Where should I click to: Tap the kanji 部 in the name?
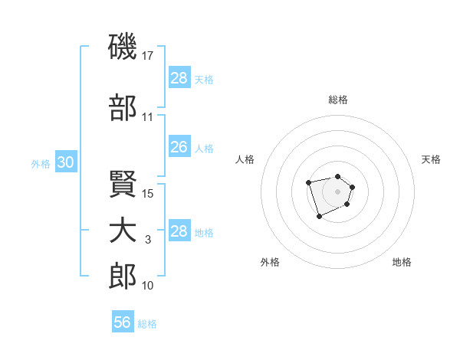(123, 109)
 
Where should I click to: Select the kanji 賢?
(123, 185)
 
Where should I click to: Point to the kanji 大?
(123, 231)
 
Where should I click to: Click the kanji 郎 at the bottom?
(123, 277)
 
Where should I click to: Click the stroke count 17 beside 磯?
(149, 56)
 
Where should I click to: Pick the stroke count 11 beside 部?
(148, 117)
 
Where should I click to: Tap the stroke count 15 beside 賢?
(149, 194)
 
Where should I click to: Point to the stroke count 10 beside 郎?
(148, 286)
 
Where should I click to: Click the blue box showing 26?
(179, 147)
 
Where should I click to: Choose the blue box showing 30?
(65, 162)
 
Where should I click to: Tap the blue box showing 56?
(123, 322)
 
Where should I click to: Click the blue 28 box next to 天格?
(179, 78)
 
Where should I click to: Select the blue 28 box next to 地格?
(179, 231)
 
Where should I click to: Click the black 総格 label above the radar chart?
(337, 100)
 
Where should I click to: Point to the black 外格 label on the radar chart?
(270, 263)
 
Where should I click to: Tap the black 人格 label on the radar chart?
(245, 159)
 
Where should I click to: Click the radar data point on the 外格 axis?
(319, 217)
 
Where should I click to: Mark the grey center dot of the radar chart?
(337, 191)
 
